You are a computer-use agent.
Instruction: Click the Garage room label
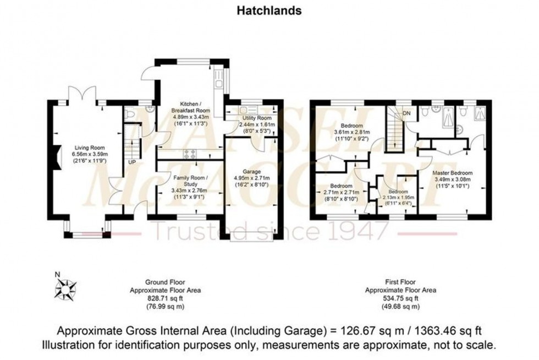pos(253,172)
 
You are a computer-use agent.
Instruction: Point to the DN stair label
pos(408,113)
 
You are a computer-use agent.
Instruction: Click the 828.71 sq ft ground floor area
pos(164,298)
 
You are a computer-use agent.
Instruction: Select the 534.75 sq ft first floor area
pos(401,298)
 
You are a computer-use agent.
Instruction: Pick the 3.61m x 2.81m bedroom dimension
pos(352,132)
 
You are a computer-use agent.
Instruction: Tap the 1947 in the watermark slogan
pos(364,231)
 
